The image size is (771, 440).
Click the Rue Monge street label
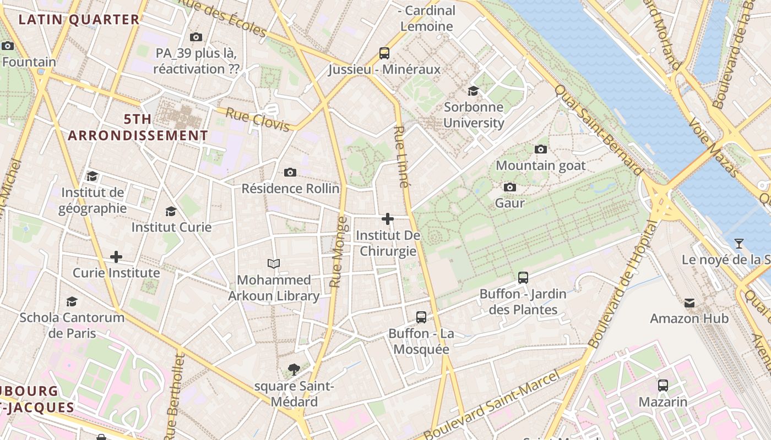pos(339,252)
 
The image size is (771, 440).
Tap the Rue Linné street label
pos(401,157)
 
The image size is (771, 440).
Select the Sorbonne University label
pos(474,114)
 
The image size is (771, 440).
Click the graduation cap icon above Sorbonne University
pos(473,91)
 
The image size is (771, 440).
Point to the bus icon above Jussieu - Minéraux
pos(384,53)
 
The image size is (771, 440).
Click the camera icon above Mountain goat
pos(541,149)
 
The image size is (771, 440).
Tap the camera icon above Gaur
pos(510,187)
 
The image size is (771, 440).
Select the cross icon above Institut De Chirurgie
pos(388,219)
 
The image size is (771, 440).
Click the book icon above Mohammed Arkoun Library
pos(274,263)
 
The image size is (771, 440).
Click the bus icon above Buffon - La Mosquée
pos(421,317)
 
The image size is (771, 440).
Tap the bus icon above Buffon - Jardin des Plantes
pos(523,278)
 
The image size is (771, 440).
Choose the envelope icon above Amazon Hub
pos(689,302)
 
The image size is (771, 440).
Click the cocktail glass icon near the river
pos(739,243)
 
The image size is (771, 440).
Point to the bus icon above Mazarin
pos(663,386)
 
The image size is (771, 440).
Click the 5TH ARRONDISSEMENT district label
pos(138,127)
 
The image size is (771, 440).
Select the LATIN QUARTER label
pos(79,20)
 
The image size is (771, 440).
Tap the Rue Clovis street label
pos(258,120)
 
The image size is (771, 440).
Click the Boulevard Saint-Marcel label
pos(492,405)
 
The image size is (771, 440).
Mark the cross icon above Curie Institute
pos(116,257)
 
